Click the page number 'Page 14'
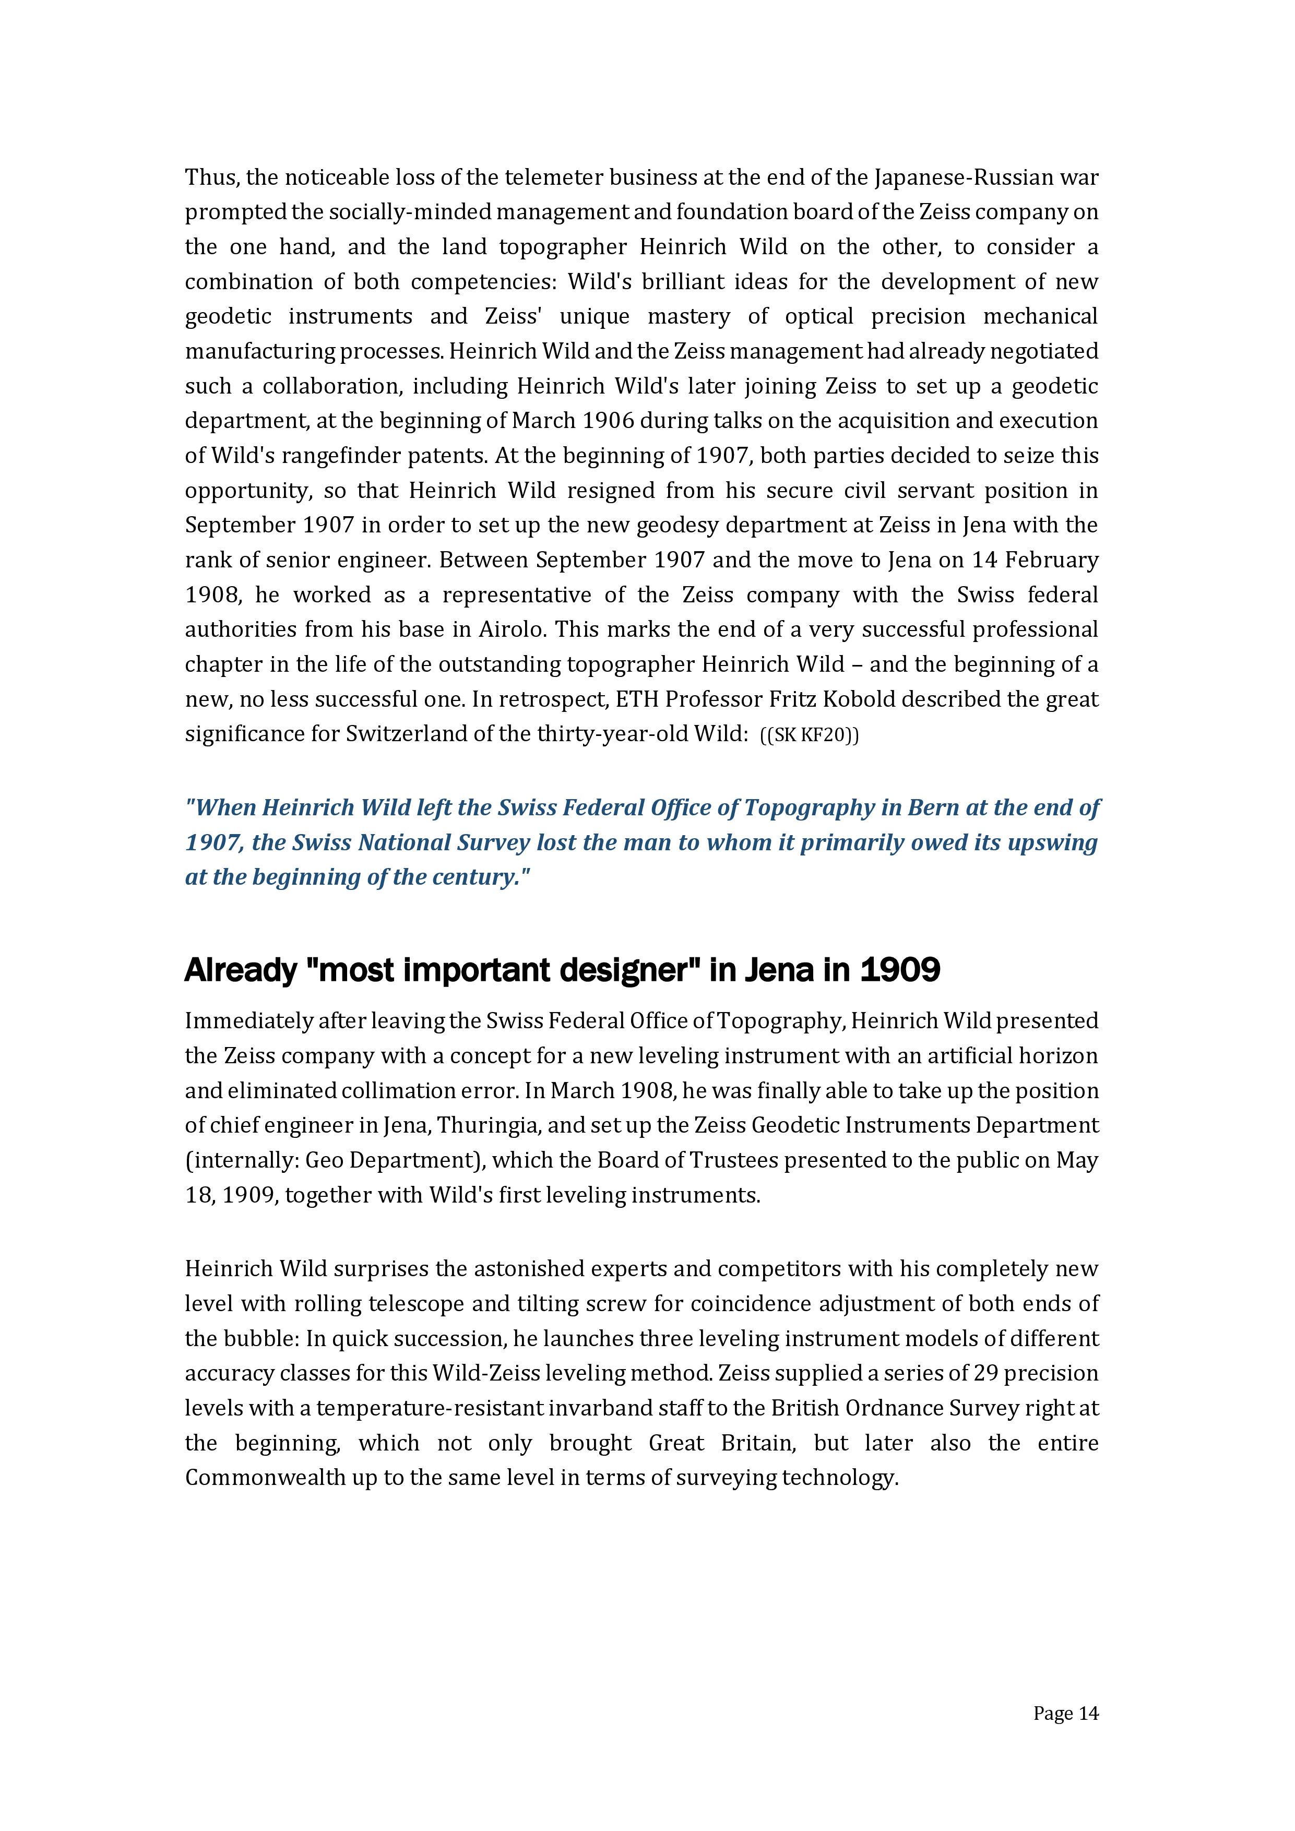(1065, 1713)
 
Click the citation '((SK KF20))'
(810, 734)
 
